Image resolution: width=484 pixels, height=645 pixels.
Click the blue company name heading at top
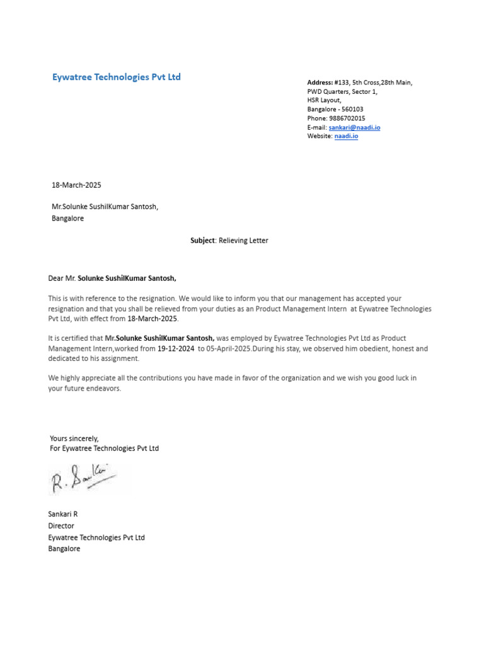116,77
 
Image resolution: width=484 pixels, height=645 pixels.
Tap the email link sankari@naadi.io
354,127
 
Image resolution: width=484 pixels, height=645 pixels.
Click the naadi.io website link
346,136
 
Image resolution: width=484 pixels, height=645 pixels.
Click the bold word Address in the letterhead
320,83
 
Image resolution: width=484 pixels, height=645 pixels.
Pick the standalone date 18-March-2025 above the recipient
76,185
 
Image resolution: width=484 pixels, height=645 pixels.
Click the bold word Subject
202,241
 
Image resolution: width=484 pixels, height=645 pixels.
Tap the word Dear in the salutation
57,278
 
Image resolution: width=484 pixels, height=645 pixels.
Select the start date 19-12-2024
176,348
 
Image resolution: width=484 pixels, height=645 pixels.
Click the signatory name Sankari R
63,515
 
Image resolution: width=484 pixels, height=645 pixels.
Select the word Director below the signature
61,526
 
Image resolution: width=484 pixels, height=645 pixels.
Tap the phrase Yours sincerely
74,438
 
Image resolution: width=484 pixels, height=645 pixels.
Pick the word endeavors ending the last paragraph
103,389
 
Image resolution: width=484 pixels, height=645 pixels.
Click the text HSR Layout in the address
324,101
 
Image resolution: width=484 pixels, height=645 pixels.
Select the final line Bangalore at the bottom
64,549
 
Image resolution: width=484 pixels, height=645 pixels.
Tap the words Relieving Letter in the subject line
243,241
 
